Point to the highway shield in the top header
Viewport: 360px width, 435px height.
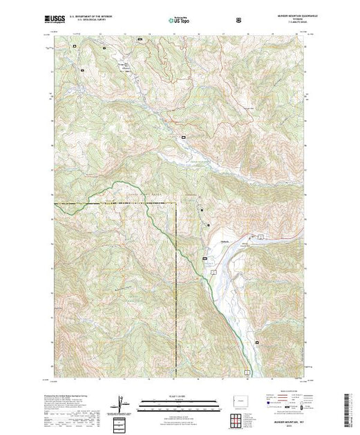tap(239, 21)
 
